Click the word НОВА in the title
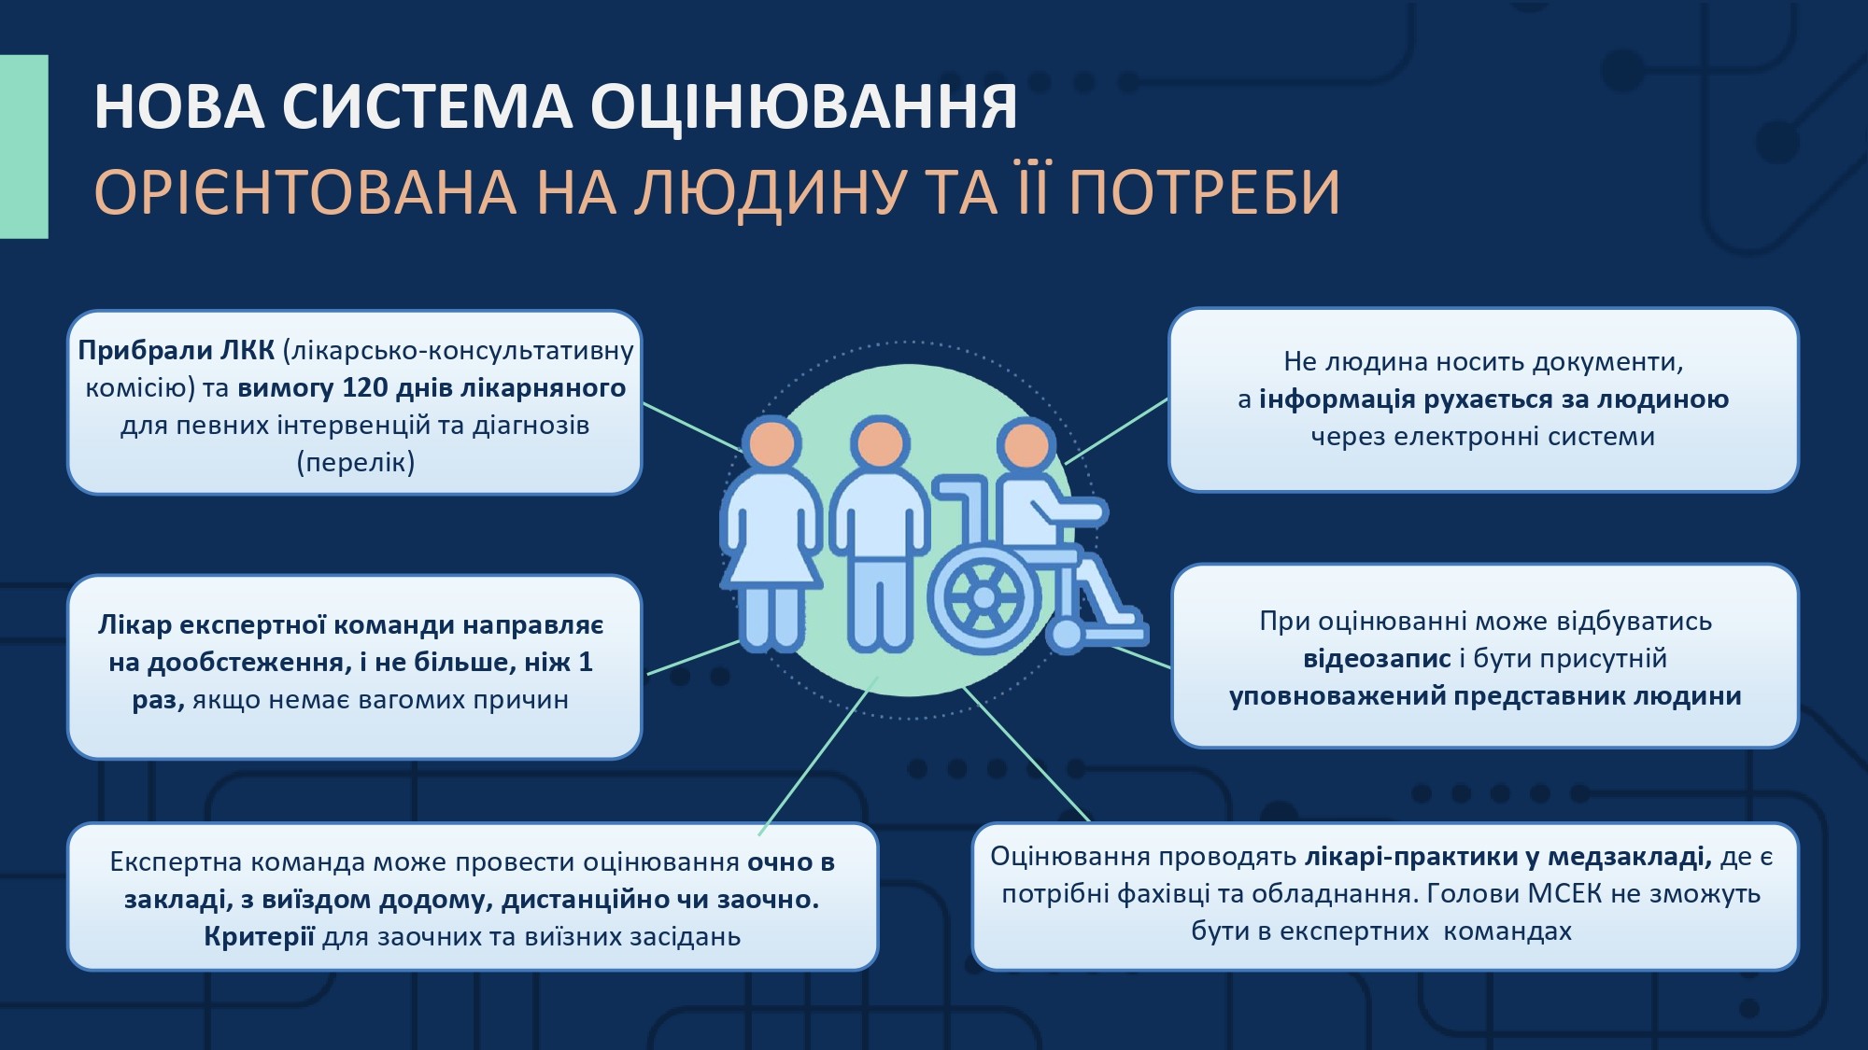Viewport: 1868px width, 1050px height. (180, 106)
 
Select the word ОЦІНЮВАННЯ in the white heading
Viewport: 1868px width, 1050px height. (803, 106)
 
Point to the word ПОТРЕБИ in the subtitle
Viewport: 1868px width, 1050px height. (1205, 192)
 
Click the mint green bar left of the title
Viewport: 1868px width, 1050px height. (24, 147)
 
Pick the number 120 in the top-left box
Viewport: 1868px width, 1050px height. (365, 387)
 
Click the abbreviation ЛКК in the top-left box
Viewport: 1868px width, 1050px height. (248, 350)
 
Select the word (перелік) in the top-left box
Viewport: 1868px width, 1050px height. (356, 463)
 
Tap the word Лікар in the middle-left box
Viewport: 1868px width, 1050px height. (134, 624)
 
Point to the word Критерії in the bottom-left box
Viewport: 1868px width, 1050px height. (259, 936)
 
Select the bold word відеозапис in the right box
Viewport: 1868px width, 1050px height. (1378, 659)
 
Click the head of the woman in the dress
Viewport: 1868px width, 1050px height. (772, 442)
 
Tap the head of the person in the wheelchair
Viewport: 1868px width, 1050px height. (1027, 443)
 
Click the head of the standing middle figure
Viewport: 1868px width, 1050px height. (881, 443)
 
